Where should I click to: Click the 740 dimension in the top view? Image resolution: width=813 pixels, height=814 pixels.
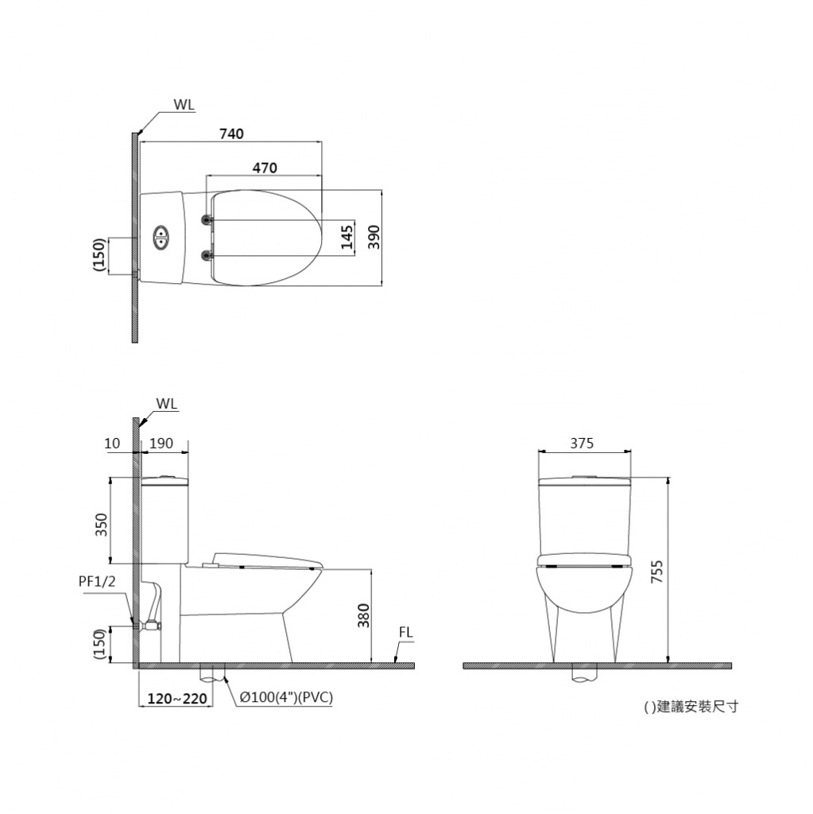(x=231, y=134)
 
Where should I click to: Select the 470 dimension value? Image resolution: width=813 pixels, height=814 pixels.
(x=265, y=168)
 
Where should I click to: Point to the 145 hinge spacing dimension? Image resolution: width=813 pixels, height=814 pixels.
(x=347, y=237)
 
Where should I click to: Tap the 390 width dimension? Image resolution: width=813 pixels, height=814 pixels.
(x=374, y=237)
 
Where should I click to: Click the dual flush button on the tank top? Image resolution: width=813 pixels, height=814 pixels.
(x=161, y=238)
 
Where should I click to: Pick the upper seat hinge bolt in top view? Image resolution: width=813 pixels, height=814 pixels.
(x=207, y=220)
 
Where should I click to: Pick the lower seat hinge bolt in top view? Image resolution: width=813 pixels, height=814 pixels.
(x=207, y=254)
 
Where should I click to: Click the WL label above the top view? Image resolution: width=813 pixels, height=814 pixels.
(x=184, y=104)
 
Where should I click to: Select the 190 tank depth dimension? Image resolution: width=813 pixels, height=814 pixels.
(x=161, y=444)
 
